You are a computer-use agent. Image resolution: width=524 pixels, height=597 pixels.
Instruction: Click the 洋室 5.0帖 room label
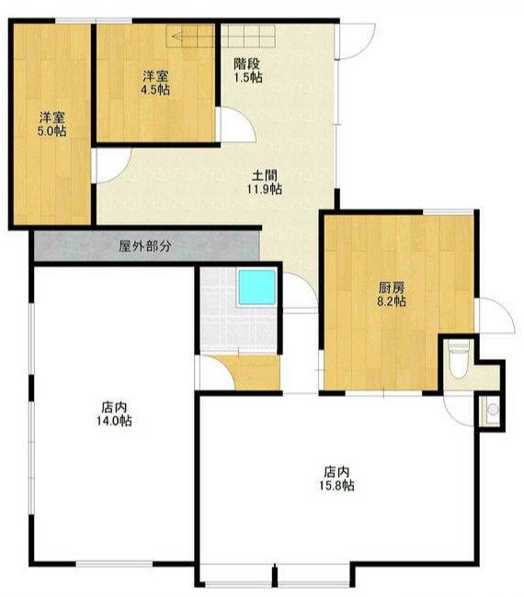tap(51, 124)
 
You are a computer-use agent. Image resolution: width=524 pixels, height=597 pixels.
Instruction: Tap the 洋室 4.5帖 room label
tap(156, 83)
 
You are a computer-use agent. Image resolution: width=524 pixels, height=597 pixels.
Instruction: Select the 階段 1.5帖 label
tap(248, 71)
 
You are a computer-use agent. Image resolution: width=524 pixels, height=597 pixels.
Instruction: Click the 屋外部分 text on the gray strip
tap(145, 246)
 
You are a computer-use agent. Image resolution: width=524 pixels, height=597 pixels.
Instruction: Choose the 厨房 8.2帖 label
tap(392, 294)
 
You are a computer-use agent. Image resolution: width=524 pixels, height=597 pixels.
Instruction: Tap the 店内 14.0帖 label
tap(114, 414)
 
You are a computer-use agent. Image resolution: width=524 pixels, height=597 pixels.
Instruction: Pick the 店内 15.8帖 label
tap(336, 479)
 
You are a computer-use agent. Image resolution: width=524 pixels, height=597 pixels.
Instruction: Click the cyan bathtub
tap(256, 287)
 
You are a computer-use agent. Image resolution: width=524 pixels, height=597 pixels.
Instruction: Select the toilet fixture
tap(459, 360)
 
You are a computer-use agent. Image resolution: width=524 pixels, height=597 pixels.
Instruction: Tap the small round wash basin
tap(493, 410)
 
